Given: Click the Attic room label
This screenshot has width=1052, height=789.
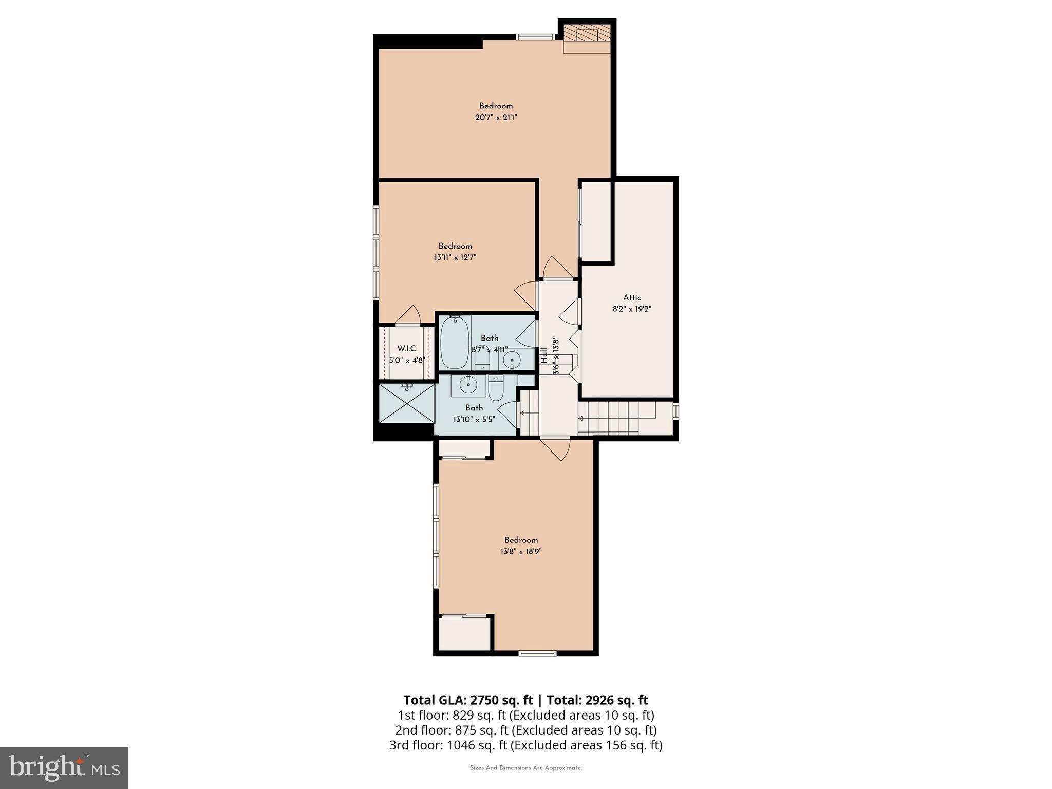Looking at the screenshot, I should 632,297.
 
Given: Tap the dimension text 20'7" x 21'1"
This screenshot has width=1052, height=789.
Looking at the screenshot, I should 496,117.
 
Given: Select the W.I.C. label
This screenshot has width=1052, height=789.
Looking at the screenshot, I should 407,349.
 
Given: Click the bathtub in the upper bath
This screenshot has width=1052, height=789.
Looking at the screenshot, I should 455,343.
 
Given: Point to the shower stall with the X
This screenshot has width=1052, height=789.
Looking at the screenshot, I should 406,404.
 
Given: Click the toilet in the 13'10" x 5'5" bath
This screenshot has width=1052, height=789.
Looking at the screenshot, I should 496,389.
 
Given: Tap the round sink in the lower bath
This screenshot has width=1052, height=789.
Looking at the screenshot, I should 468,384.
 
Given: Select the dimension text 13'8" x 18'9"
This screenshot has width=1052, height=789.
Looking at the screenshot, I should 521,551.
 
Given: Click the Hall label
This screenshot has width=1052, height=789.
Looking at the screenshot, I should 544,355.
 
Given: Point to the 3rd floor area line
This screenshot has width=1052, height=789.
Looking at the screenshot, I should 525,745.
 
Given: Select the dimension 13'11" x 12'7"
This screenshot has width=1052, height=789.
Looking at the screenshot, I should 455,257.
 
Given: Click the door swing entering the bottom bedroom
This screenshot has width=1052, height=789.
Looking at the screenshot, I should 557,448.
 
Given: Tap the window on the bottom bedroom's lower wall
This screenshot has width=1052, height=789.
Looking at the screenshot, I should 537,653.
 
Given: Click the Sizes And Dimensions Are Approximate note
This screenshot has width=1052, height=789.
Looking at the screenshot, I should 525,768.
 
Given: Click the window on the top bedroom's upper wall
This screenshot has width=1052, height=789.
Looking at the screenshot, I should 536,36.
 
